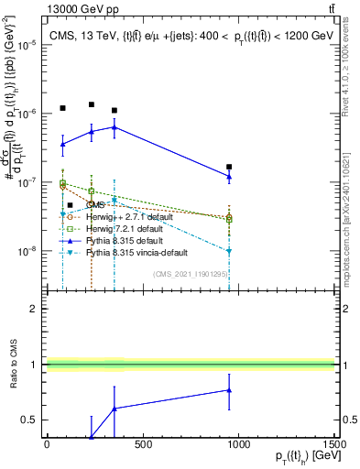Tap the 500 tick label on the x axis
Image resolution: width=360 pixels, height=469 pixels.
tap(142, 444)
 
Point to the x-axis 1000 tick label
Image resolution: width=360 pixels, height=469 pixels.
tap(238, 444)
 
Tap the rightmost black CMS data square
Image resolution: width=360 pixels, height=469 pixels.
tap(229, 167)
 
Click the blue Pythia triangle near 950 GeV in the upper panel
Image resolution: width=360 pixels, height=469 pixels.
tap(229, 176)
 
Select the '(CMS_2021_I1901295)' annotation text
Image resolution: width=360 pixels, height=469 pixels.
tap(191, 272)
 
